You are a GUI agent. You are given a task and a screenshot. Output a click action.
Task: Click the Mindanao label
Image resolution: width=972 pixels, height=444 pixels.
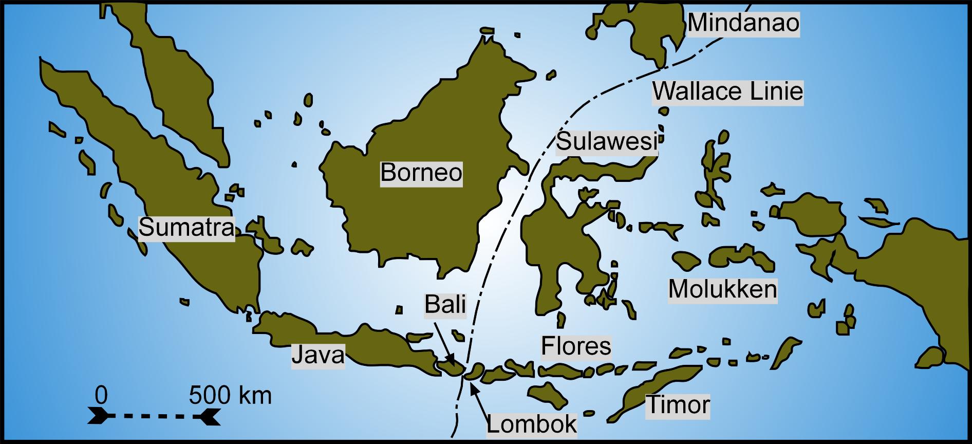pos(743,23)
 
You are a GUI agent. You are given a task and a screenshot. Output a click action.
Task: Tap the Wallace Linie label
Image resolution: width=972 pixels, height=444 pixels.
pos(727,91)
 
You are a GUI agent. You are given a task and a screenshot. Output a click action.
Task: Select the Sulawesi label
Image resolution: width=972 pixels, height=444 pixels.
pos(607,141)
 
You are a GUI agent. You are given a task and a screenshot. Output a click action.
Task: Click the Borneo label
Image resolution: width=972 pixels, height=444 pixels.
pos(421,172)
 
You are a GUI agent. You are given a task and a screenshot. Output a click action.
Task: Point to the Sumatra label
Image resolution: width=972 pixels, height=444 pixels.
pos(186,227)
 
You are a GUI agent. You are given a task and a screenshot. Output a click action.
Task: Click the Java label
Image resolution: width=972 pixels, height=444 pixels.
pos(318,355)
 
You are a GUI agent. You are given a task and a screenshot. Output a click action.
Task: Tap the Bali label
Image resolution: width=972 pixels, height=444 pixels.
pos(445,305)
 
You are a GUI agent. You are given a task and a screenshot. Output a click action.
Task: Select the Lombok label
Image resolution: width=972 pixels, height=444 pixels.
pos(532,424)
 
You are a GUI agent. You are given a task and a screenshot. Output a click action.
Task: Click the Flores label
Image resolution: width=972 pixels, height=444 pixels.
pos(576,346)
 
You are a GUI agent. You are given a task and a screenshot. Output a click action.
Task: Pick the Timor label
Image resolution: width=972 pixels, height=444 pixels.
pos(678,405)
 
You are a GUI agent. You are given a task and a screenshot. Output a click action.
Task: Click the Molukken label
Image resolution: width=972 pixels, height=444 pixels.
pos(722,289)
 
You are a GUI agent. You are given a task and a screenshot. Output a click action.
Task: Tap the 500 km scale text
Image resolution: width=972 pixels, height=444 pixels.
pos(230,396)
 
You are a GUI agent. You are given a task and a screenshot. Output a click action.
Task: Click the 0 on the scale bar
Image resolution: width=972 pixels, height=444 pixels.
pos(101,396)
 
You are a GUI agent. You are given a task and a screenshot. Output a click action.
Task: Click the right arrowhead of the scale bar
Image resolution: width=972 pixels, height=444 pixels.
pos(208,416)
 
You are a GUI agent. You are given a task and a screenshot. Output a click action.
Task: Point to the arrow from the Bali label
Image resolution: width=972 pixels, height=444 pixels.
pos(443,342)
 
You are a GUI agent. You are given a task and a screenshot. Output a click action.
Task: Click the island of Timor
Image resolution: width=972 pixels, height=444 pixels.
pos(652,391)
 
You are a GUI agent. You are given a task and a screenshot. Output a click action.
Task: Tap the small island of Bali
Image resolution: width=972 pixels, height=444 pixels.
pos(451,368)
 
